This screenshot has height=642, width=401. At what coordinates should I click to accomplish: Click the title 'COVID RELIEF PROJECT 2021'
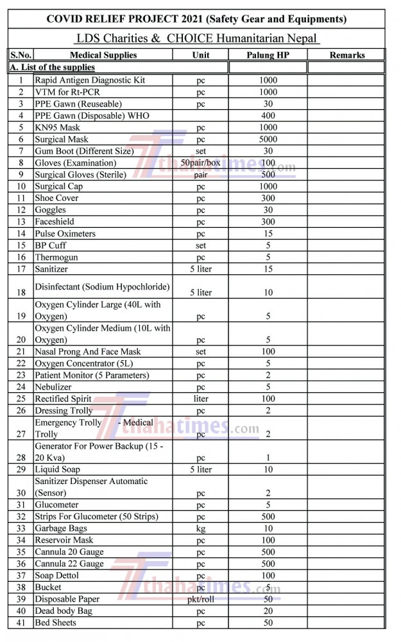196,19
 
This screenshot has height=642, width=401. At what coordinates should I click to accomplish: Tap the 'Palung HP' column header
268,55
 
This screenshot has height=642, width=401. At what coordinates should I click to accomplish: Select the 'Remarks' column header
347,55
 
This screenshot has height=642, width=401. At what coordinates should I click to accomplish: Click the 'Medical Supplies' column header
103,55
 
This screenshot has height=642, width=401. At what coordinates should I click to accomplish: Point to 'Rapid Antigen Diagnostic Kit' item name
90,80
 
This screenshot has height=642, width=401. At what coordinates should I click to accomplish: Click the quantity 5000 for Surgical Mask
268,139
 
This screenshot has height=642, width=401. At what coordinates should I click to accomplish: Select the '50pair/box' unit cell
201,162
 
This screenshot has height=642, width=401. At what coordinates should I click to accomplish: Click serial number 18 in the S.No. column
21,292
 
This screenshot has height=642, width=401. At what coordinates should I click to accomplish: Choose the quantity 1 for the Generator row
268,458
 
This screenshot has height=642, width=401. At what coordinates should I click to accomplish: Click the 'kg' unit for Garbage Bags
201,528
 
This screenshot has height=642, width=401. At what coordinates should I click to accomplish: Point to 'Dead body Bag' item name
64,611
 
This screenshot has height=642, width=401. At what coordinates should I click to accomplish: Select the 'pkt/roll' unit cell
201,599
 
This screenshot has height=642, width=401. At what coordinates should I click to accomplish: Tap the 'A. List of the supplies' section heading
52,67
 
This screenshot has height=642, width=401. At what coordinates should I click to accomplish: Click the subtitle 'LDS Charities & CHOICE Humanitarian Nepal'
196,39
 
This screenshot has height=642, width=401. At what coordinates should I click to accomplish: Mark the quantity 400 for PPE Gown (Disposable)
268,116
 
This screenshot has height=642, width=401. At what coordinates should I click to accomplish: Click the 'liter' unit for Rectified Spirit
201,399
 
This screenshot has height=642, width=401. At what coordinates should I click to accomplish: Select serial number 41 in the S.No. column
21,623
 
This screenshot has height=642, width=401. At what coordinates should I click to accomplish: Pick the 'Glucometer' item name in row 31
57,505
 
